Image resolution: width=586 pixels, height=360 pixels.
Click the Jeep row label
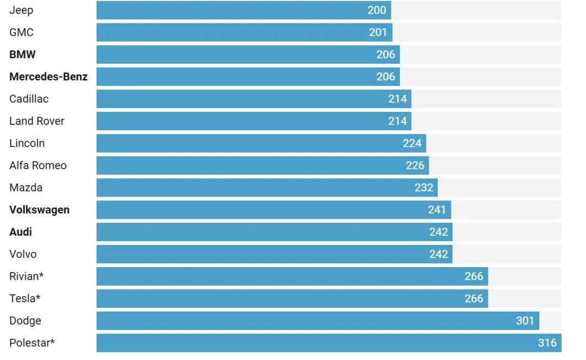(21, 10)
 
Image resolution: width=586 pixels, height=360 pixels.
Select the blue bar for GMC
(244, 33)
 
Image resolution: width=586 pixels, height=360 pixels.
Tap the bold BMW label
(23, 55)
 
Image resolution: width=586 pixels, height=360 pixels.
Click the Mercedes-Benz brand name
(48, 77)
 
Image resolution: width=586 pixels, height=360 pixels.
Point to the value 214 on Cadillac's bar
(398, 99)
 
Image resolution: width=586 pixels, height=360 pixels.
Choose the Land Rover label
(37, 121)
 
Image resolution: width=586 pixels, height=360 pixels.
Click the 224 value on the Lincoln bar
(412, 143)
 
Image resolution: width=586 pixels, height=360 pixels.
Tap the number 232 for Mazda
(424, 188)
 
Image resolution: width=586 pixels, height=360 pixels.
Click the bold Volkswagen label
(40, 210)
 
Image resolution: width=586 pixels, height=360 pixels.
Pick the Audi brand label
(21, 232)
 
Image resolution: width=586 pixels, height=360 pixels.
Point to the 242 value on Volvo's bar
(438, 254)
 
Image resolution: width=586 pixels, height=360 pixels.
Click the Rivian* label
(27, 276)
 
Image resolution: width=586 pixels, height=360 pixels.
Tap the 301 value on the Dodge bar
(525, 321)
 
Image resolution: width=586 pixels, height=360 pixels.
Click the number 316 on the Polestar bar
(547, 343)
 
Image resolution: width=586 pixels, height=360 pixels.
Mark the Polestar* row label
(32, 343)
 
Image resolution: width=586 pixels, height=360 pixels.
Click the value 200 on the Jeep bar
(377, 10)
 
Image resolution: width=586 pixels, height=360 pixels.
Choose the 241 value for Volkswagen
(437, 210)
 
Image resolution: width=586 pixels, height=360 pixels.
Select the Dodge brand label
(25, 321)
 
